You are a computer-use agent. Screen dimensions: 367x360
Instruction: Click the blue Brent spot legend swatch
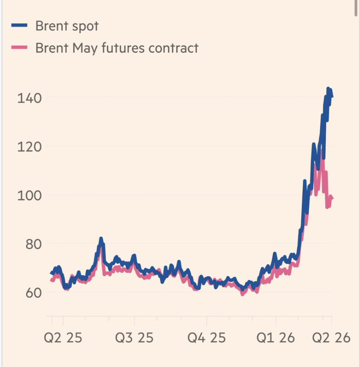[x=19, y=26]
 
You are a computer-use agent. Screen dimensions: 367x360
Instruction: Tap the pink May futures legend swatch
[x=19, y=48]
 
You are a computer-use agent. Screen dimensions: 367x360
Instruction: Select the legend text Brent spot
[x=67, y=26]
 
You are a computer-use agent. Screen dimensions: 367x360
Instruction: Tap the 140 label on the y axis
[x=30, y=98]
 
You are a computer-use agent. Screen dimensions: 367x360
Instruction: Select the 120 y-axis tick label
[x=30, y=147]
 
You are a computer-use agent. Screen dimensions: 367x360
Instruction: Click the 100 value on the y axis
[x=30, y=195]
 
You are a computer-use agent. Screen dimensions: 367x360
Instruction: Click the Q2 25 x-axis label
[x=63, y=338]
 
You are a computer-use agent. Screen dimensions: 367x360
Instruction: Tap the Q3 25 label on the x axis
[x=134, y=338]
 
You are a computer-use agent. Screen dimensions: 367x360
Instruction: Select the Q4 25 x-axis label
[x=207, y=338]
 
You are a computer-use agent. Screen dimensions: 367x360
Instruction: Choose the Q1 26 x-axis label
[x=276, y=338]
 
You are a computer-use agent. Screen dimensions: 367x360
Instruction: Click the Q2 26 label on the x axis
[x=331, y=338]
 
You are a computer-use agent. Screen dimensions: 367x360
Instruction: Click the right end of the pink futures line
[x=332, y=198]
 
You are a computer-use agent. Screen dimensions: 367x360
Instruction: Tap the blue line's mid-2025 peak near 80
[x=101, y=239]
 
